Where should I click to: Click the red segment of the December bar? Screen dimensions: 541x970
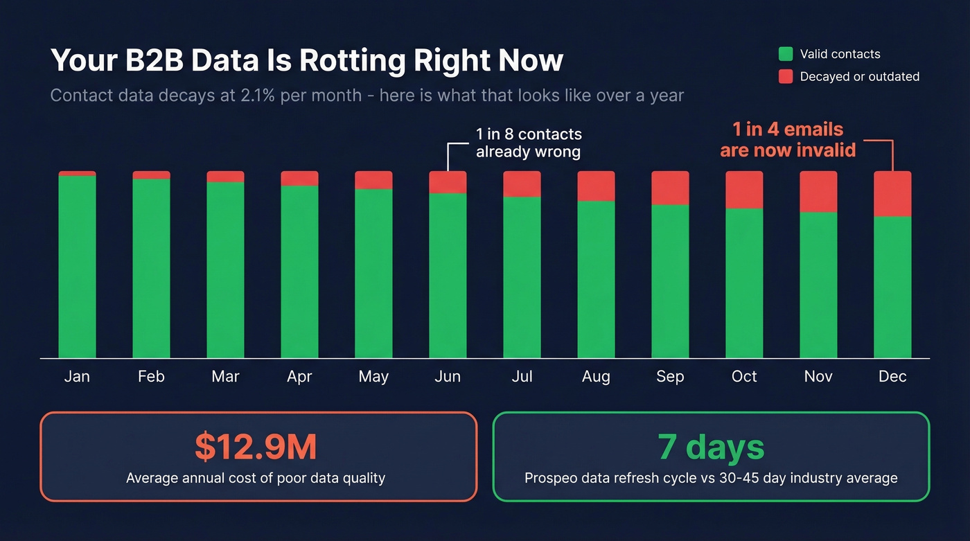(892, 193)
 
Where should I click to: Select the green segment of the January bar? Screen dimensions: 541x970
(77, 267)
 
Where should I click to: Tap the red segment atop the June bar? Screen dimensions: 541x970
(448, 181)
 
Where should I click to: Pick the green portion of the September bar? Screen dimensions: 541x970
(670, 281)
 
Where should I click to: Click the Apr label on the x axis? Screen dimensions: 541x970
(299, 377)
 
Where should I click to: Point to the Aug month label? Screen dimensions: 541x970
(596, 377)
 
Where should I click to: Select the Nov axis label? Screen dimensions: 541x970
(818, 377)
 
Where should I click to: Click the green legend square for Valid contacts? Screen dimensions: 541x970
(785, 54)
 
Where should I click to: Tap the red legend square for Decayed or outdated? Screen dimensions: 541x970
(785, 77)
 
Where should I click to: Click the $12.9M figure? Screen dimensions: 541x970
(256, 447)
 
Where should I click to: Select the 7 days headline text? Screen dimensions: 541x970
(711, 447)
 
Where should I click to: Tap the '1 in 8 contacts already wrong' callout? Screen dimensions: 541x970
(528, 143)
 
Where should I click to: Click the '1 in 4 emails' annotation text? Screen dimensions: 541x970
(788, 130)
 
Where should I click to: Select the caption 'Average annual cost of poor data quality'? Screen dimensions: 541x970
(256, 478)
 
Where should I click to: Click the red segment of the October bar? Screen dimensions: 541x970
(744, 189)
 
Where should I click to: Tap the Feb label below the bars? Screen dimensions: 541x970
(151, 377)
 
